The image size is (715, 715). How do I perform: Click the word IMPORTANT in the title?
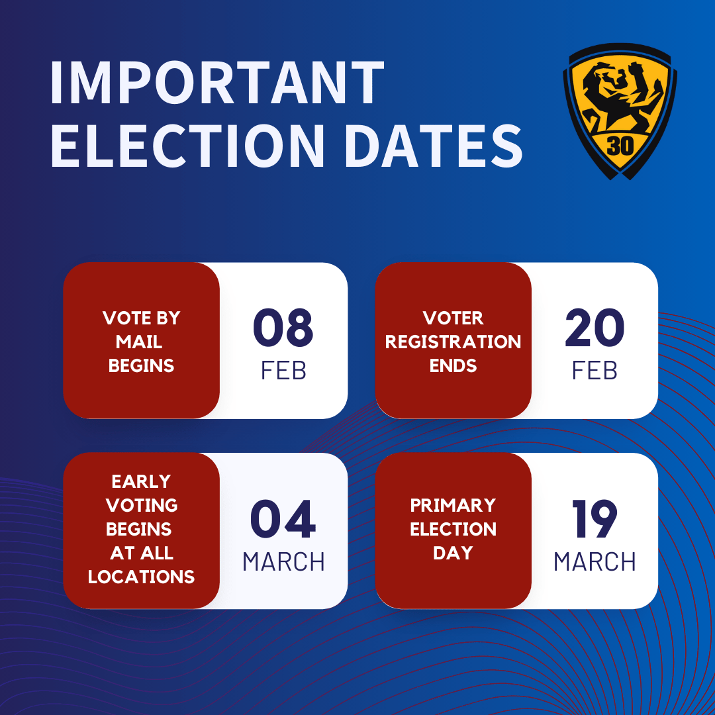[216, 84]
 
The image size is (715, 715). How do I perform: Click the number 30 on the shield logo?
[620, 146]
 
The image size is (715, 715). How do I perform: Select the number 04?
[283, 520]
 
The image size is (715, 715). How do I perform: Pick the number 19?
[595, 520]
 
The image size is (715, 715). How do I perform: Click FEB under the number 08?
[283, 371]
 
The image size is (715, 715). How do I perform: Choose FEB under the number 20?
[595, 371]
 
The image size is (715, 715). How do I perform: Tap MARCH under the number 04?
[283, 562]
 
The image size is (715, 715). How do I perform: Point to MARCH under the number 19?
[595, 562]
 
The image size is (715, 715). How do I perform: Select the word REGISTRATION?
[453, 342]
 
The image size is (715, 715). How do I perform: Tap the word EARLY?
[141, 481]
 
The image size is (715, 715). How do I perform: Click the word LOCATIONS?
[141, 577]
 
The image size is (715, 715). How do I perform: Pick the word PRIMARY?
[453, 505]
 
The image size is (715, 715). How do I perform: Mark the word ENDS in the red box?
[453, 365]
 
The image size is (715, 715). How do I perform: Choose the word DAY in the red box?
[453, 553]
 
